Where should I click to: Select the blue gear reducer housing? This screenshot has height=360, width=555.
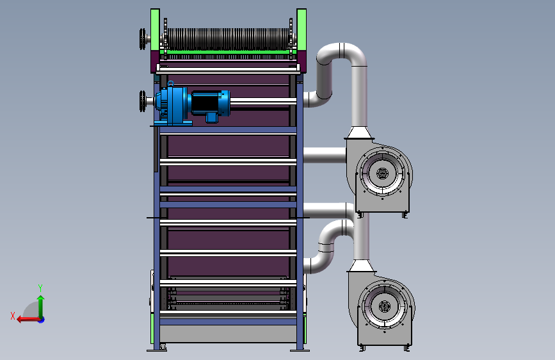(173, 104)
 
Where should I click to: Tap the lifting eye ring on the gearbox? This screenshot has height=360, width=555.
(171, 84)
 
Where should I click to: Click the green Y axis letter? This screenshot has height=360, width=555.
(40, 288)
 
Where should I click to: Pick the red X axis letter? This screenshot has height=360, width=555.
(13, 316)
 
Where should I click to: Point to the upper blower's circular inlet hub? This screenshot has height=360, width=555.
(382, 174)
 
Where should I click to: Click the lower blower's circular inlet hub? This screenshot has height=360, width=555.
(384, 306)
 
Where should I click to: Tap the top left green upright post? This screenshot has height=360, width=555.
(155, 30)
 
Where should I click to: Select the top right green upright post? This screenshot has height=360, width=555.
(302, 30)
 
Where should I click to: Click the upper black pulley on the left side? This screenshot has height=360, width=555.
(143, 39)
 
